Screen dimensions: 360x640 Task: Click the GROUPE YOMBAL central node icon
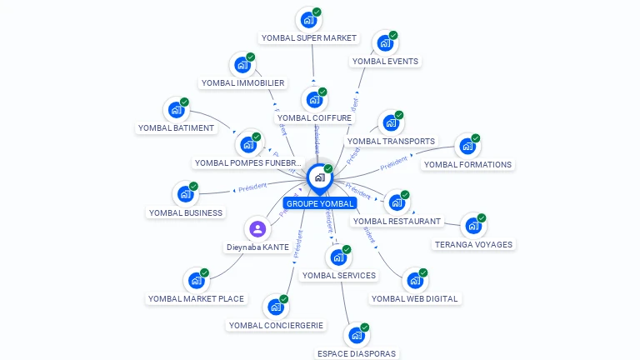coord(319,177)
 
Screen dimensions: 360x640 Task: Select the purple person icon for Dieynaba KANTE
coord(257,228)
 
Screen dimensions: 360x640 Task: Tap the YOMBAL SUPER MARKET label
coord(308,37)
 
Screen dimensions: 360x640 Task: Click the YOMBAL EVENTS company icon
coord(383,42)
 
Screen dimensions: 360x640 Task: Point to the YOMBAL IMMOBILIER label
coord(242,82)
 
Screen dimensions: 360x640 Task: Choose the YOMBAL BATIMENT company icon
coord(176,109)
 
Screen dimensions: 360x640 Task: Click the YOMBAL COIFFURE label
coord(314,117)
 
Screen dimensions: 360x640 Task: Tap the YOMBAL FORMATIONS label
coord(467,164)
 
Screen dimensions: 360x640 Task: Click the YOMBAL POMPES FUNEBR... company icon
coord(247,144)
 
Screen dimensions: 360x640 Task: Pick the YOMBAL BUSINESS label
coord(186,212)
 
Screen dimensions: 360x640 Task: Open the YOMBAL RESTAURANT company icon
coord(397,202)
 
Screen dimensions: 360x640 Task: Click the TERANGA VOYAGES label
coord(473,244)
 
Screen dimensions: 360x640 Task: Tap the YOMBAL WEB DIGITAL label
coord(414,298)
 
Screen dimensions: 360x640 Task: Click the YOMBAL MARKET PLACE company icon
coord(195,280)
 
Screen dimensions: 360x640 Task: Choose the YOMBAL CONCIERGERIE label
coord(277,325)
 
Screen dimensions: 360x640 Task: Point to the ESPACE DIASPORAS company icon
coord(356,335)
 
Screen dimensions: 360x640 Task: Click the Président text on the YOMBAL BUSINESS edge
coord(252,187)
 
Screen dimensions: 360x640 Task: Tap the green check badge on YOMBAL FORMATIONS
coord(476,138)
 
